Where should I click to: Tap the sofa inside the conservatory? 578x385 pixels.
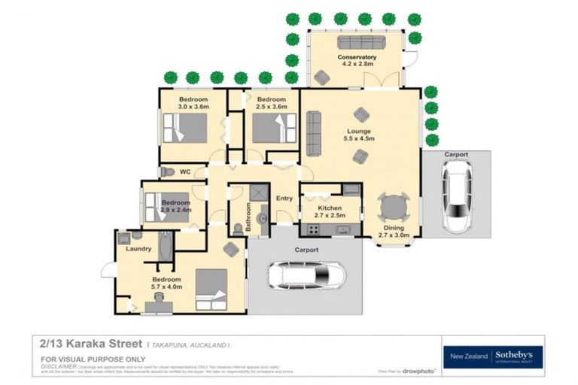click(360, 42)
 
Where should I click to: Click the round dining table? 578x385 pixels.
click(394, 206)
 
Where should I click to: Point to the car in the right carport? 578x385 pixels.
click(457, 198)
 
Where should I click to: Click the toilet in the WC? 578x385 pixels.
click(168, 172)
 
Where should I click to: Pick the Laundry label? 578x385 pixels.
click(138, 248)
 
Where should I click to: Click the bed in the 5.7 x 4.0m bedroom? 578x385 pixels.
click(211, 289)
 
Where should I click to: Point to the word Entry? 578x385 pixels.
click(284, 199)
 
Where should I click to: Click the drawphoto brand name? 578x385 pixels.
click(418, 371)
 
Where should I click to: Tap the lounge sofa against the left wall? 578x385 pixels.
click(313, 133)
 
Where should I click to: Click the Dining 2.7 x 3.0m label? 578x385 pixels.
click(394, 231)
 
